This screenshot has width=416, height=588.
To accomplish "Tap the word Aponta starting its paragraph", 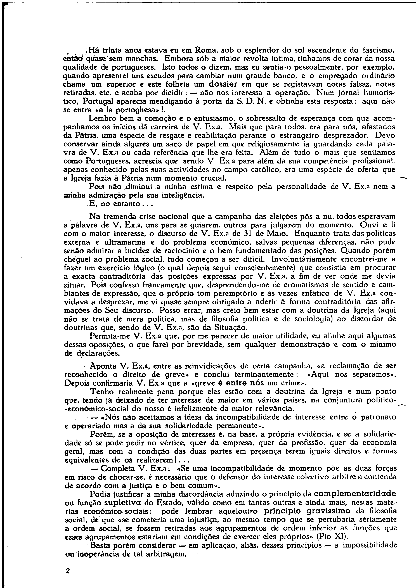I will pos(103,366).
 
